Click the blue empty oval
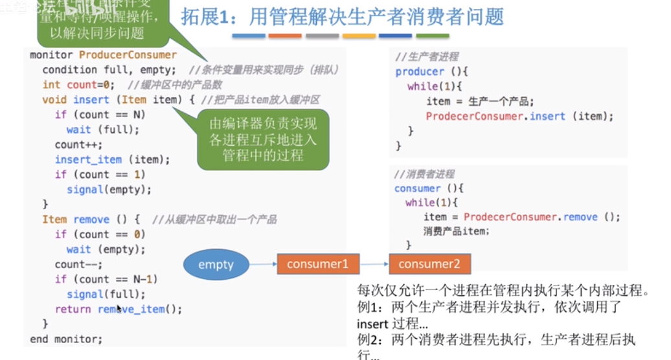(x=216, y=264)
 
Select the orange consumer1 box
(x=317, y=264)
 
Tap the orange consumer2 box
(x=429, y=264)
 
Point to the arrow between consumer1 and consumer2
(x=374, y=264)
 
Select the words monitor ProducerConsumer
(x=103, y=55)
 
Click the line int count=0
(x=78, y=85)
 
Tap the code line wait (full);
(x=103, y=129)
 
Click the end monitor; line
(x=66, y=339)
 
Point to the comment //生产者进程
(x=427, y=57)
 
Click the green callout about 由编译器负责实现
(x=262, y=140)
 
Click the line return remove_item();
(x=119, y=309)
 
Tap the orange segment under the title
(x=285, y=36)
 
